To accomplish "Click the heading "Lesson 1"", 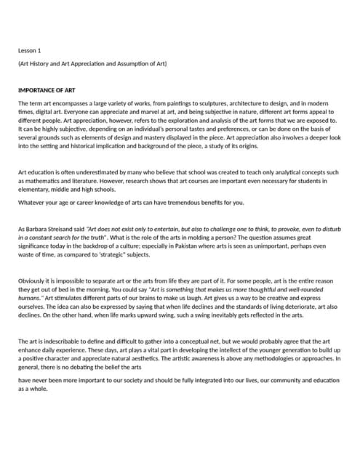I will coord(30,50).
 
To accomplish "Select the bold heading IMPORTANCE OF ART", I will coord(47,91).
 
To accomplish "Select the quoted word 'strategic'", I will coord(133,254).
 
